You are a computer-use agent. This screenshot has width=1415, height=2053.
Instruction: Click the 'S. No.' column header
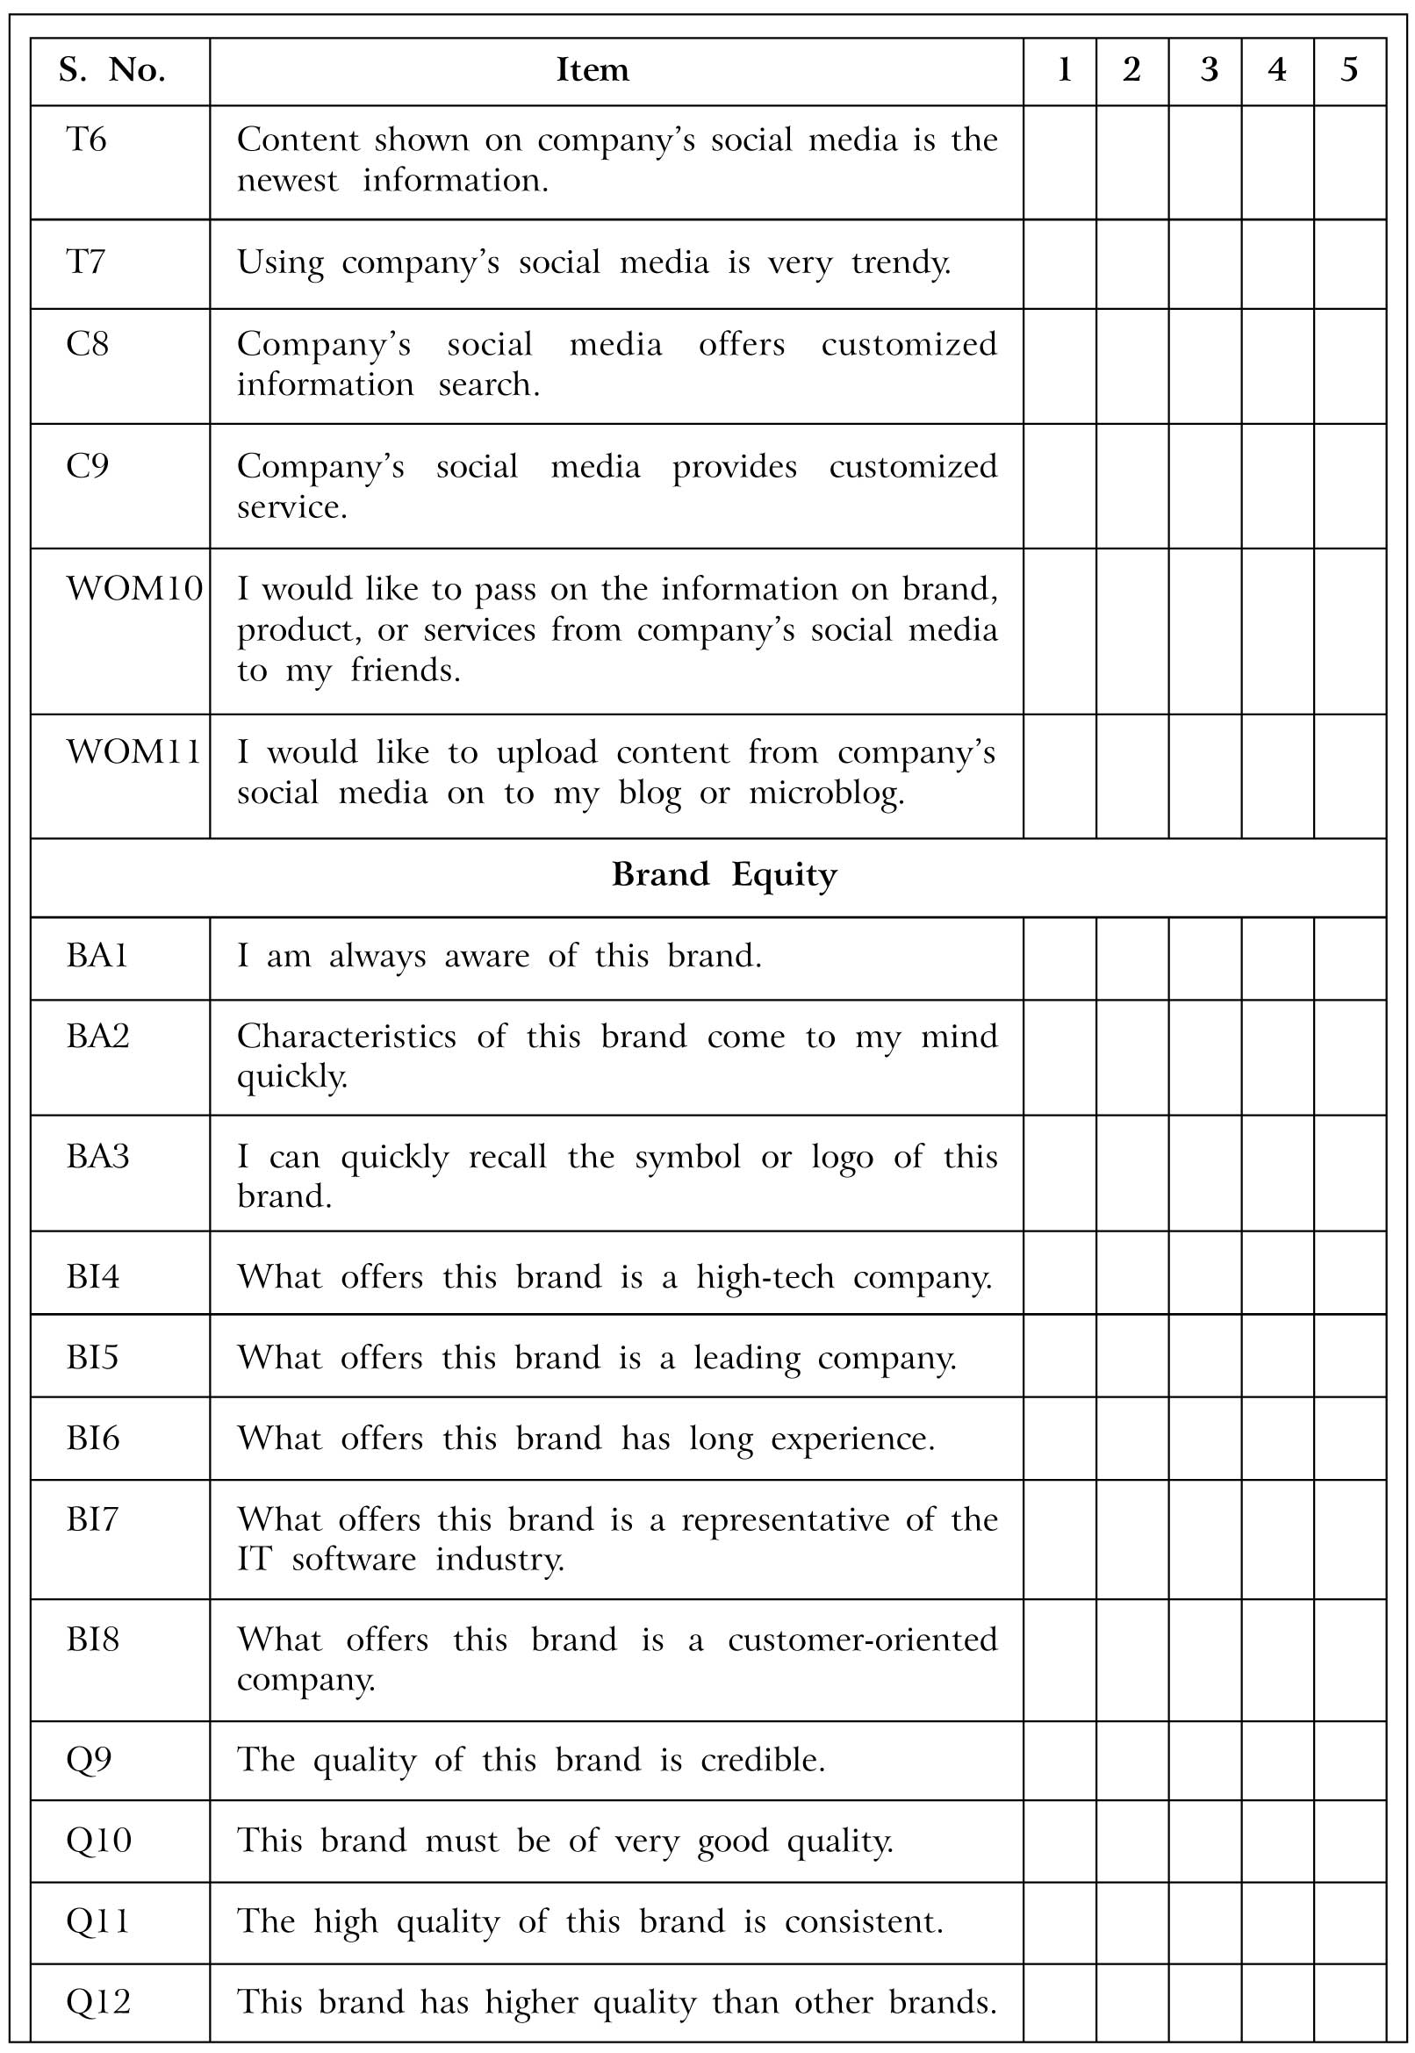[112, 70]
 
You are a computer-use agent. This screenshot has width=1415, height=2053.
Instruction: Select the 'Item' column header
[593, 70]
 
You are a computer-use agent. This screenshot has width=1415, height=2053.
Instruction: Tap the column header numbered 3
[1209, 70]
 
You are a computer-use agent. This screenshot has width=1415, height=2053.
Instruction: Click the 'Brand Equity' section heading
[723, 875]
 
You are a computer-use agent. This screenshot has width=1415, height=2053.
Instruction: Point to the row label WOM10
[134, 590]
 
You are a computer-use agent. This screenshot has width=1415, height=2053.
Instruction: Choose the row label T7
[86, 262]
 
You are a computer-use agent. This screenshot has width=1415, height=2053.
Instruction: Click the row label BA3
[97, 1157]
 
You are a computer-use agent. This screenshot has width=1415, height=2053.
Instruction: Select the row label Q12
[98, 2001]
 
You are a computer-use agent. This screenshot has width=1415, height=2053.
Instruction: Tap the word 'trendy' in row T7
[900, 263]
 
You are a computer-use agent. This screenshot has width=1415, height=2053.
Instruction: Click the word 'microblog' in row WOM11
[825, 793]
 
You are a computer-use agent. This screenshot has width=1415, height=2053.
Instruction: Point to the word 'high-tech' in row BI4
[765, 1277]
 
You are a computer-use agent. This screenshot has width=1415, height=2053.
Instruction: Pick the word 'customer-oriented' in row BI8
[862, 1640]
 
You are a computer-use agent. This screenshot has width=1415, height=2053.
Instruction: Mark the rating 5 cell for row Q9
[1349, 1761]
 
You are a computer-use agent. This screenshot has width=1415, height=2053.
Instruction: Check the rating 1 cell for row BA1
[1059, 958]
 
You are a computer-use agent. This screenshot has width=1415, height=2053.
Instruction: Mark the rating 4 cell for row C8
[1276, 365]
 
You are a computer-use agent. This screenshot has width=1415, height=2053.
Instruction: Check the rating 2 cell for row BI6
[1132, 1439]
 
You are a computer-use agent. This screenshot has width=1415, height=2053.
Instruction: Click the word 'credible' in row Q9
[762, 1761]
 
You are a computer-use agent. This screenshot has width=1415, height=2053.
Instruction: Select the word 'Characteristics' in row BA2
[346, 1037]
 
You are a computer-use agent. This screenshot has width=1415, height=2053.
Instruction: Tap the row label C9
[87, 466]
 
